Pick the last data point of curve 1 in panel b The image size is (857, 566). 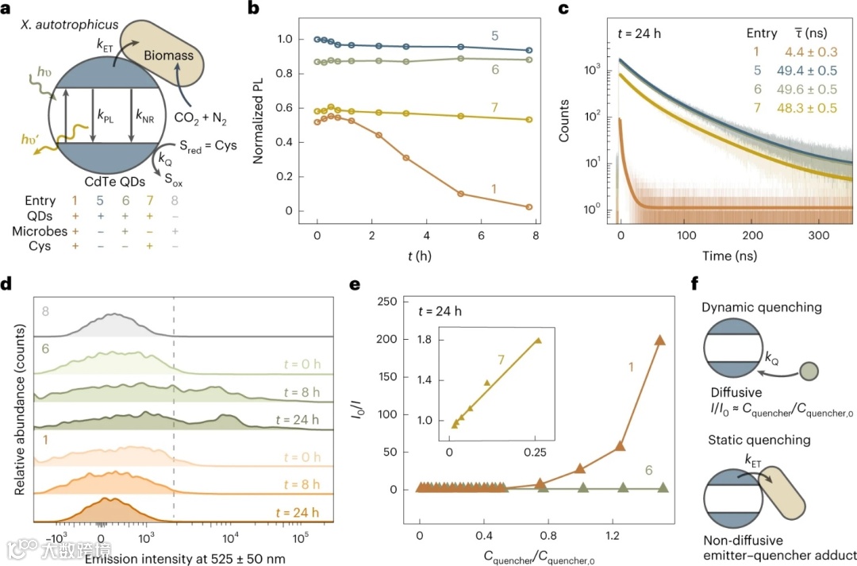[528, 206]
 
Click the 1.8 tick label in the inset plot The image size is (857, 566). [432, 341]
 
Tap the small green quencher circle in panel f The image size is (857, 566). [808, 369]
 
